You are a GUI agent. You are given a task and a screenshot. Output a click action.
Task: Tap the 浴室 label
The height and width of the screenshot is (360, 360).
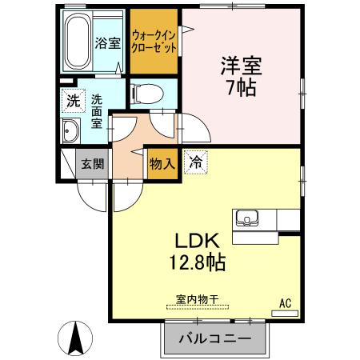point(109,43)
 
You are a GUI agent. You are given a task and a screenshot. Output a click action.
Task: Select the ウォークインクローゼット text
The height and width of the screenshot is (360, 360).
point(155,40)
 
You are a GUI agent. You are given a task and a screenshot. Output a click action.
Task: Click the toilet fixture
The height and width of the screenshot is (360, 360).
point(146,94)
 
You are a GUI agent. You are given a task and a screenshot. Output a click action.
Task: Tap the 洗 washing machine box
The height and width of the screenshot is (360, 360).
point(73,102)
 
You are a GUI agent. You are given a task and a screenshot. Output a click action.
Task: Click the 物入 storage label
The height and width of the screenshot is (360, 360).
point(162,162)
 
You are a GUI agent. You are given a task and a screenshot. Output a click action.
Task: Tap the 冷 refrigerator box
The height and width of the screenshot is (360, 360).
point(194,161)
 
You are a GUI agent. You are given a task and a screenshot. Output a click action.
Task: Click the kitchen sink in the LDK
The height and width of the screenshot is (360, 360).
point(246,218)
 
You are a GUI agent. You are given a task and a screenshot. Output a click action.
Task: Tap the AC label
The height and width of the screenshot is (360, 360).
point(284,302)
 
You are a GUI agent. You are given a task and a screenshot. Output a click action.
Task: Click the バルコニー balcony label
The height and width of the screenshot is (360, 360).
point(214,339)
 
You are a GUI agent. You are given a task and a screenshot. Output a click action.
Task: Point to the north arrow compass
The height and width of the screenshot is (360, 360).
point(76,337)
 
